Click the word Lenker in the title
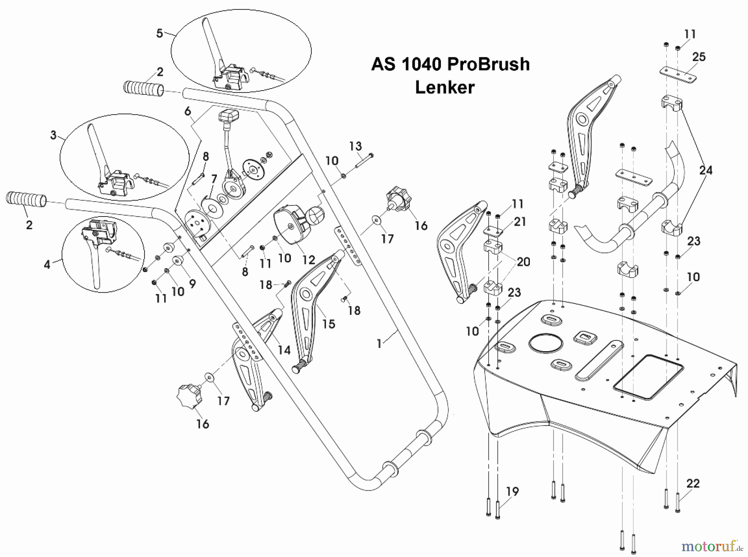(445, 88)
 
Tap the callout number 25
(699, 57)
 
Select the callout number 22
(693, 483)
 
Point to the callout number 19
(512, 491)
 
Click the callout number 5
(160, 34)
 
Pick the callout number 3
(53, 135)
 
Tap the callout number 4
(47, 264)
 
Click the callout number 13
(355, 146)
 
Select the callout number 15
(329, 324)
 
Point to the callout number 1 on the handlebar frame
(379, 344)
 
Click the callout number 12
(308, 260)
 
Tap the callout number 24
(706, 170)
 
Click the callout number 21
(520, 222)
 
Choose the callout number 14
(284, 350)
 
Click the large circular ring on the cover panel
(546, 343)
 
